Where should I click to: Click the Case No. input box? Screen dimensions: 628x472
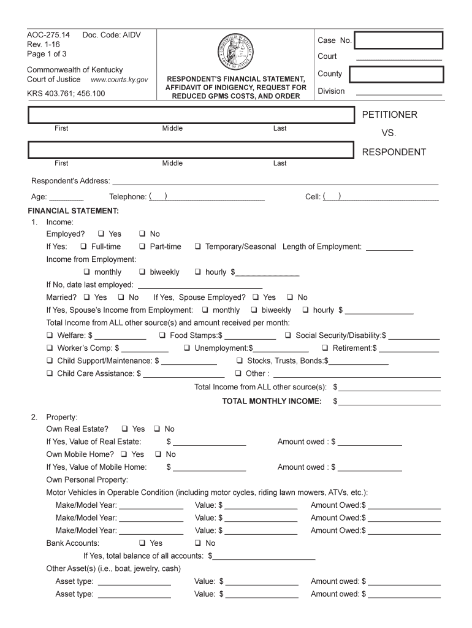pyautogui.click(x=398, y=40)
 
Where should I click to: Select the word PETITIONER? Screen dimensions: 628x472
pyautogui.click(x=389, y=115)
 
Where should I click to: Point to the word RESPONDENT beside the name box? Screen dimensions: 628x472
pyautogui.click(x=394, y=152)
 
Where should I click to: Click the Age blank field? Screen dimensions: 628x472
pyautogui.click(x=66, y=197)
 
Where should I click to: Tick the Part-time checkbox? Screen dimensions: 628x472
pyautogui.click(x=142, y=247)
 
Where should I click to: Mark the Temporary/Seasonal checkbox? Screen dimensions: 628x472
pyautogui.click(x=198, y=247)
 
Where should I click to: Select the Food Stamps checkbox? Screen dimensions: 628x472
pyautogui.click(x=163, y=335)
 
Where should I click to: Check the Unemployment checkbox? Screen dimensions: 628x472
pyautogui.click(x=188, y=348)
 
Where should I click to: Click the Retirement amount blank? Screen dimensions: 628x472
pyautogui.click(x=409, y=349)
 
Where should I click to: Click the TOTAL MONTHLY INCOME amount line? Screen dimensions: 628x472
pyautogui.click(x=390, y=402)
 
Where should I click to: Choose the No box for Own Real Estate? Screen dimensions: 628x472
pyautogui.click(x=157, y=429)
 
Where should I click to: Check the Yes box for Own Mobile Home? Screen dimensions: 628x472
pyautogui.click(x=124, y=454)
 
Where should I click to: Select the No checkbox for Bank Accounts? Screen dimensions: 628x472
pyautogui.click(x=198, y=543)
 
